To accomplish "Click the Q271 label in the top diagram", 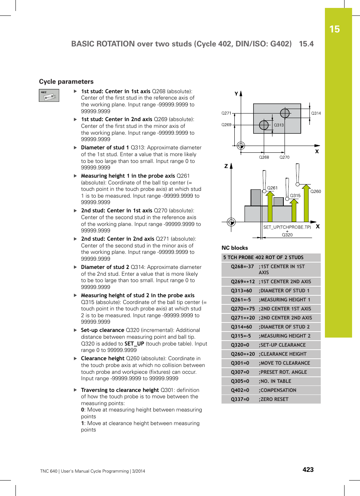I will (226, 113).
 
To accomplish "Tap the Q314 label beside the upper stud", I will (316, 113).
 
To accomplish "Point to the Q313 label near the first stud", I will (278, 125).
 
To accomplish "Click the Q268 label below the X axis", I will (264, 157).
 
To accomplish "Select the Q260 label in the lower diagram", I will (315, 191).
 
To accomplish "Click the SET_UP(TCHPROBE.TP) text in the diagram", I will (287, 227).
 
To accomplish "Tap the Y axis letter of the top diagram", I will (236, 94).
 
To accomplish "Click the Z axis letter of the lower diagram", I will (226, 166).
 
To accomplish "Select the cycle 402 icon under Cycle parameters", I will (49, 95).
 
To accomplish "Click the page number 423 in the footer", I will (308, 470).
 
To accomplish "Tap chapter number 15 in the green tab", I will (334, 29).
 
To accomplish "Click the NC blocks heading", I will (235, 248).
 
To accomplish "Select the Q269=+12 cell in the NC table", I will (243, 281).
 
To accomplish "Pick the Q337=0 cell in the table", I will (240, 399).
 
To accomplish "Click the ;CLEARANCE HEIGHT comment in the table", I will (283, 354).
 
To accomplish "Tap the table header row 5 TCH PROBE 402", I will (263, 257).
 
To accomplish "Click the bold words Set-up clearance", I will (102, 330).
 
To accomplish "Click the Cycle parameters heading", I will (66, 81).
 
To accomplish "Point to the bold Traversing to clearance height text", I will (120, 390).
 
